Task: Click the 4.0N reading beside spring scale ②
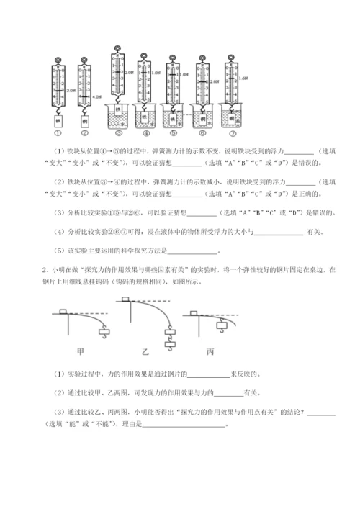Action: tap(98, 96)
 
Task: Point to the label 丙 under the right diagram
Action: tap(210, 352)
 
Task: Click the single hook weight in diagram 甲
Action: tap(107, 332)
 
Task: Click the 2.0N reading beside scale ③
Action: tap(129, 73)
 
